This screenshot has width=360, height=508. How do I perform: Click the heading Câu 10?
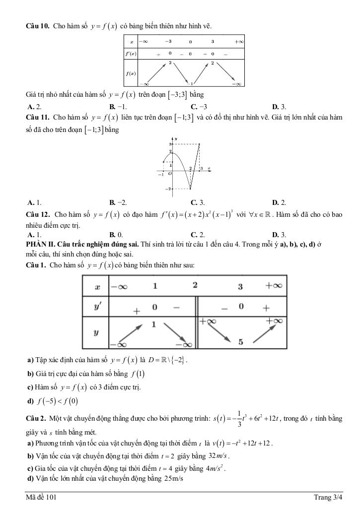[x=37, y=26]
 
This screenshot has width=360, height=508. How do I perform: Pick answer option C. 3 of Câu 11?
[x=198, y=202]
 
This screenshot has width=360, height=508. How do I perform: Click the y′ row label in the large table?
[x=97, y=307]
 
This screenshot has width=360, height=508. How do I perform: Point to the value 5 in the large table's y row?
[x=240, y=342]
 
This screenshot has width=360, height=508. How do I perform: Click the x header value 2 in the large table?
[x=195, y=286]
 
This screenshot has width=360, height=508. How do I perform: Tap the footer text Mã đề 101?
[x=41, y=497]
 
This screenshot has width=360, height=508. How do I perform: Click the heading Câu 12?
[x=38, y=215]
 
